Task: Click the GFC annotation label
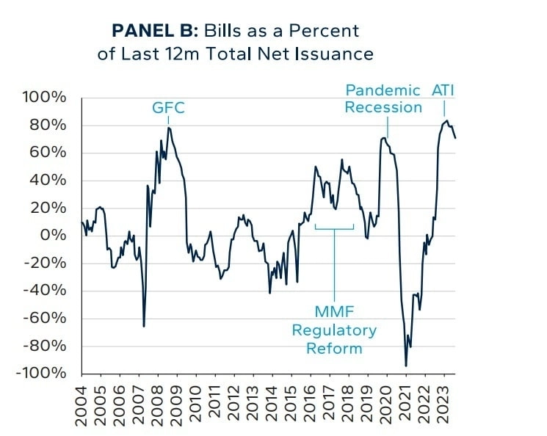(x=168, y=109)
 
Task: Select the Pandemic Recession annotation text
(x=383, y=99)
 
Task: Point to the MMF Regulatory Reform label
(x=334, y=330)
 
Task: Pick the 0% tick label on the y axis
(x=55, y=236)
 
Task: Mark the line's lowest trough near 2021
(x=406, y=366)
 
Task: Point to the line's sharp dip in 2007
(x=144, y=326)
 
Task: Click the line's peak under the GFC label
(x=169, y=128)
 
